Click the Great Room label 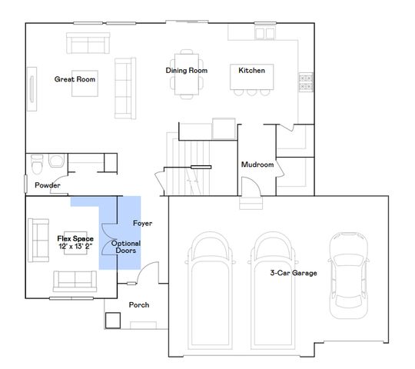click(x=75, y=79)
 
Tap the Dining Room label click(x=186, y=71)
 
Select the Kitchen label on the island click(x=251, y=71)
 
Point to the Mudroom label click(x=257, y=165)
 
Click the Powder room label click(x=48, y=185)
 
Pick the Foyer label click(x=142, y=223)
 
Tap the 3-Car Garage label click(x=294, y=273)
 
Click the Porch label click(x=139, y=305)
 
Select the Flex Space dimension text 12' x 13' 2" click(x=75, y=246)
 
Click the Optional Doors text click(x=126, y=247)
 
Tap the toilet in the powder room click(x=37, y=165)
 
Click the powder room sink click(x=56, y=161)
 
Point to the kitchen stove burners click(x=306, y=82)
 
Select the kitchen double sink click(x=264, y=33)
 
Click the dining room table click(x=187, y=74)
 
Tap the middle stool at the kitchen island click(x=252, y=92)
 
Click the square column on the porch click(x=113, y=321)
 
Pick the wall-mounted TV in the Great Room click(x=32, y=89)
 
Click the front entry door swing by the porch click(x=148, y=273)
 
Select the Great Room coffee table click(x=85, y=83)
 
